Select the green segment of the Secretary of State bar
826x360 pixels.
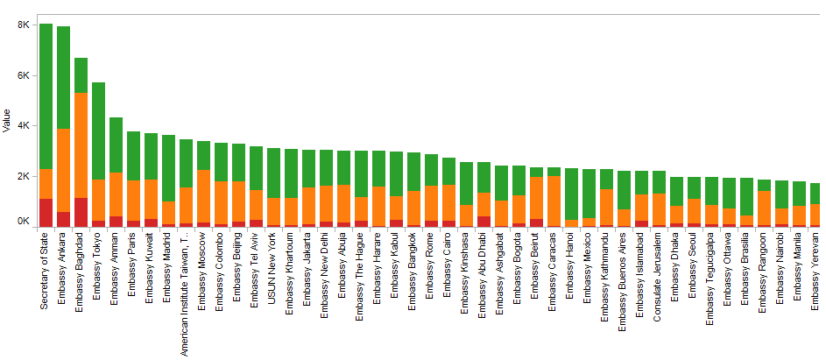pos(46,96)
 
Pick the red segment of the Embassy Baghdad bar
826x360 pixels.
pos(81,212)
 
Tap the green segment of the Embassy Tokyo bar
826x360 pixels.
pos(98,131)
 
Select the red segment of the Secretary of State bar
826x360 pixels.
pos(46,213)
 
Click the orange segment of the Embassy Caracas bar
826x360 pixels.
pos(554,201)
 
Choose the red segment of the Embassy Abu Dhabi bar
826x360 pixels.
pos(484,221)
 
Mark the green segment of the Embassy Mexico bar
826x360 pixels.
pos(589,194)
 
